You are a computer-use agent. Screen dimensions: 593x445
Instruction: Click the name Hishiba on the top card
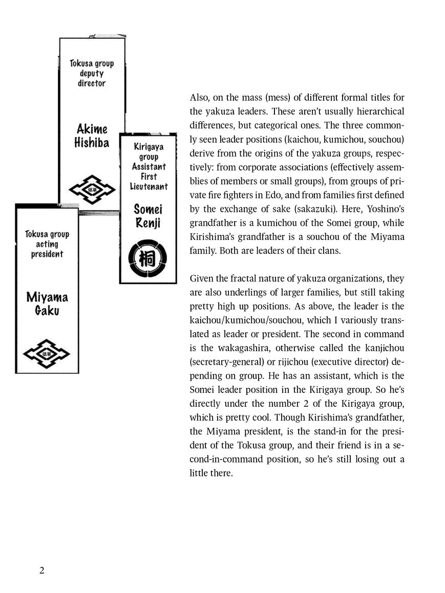tap(91, 143)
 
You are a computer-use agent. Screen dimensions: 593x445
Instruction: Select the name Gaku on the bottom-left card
tap(47, 310)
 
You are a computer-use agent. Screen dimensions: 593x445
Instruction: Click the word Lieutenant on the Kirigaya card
tap(149, 186)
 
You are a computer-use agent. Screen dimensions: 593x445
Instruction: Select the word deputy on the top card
tap(92, 74)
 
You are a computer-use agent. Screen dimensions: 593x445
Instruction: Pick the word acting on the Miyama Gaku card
tap(47, 244)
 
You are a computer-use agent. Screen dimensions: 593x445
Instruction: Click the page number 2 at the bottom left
tap(42, 570)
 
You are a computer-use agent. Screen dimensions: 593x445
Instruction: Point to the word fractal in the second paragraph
tap(247, 279)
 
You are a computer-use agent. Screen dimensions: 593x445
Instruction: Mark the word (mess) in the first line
tap(262, 98)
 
